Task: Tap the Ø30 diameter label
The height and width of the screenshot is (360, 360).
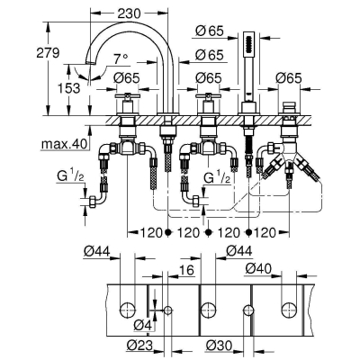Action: coord(221,344)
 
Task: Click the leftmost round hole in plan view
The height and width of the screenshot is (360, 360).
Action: coord(127,310)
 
